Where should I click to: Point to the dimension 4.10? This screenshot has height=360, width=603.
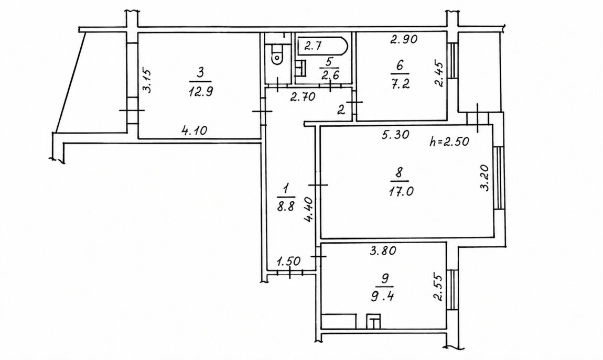(194, 131)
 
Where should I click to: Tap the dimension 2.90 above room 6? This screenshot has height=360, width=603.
(404, 39)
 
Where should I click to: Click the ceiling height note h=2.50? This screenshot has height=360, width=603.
(449, 141)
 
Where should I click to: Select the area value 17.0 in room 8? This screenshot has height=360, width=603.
(401, 191)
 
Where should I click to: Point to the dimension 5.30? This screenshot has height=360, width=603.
(396, 135)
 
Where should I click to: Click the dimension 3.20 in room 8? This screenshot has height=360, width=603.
(484, 178)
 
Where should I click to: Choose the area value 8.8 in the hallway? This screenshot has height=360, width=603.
(285, 207)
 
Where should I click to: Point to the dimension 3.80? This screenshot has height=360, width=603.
(383, 251)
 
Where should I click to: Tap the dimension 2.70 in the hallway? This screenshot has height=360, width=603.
(303, 97)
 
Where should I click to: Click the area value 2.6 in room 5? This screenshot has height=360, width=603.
(330, 75)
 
